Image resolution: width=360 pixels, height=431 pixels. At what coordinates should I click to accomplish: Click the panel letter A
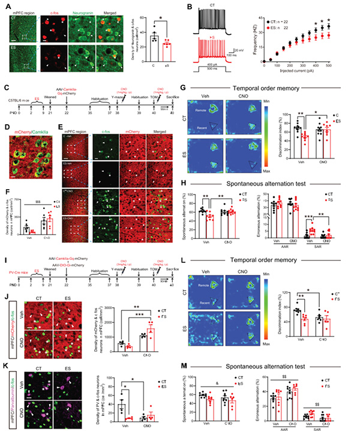[x=5, y=5]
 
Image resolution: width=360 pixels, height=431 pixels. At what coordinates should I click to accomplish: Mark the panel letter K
[x=5, y=348]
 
